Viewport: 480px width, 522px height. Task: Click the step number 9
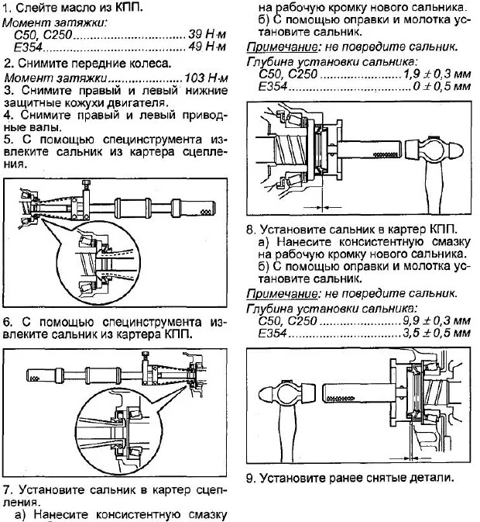(x=250, y=477)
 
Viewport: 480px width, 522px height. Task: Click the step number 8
(x=249, y=230)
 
